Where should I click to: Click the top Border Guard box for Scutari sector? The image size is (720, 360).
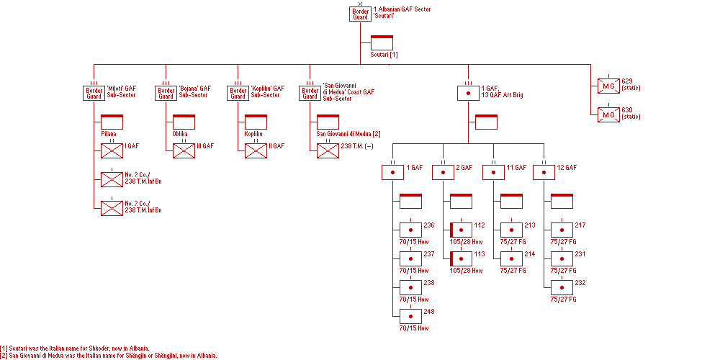(x=360, y=14)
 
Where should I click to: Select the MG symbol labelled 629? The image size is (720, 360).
(x=608, y=86)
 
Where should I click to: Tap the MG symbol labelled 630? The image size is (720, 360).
(x=608, y=114)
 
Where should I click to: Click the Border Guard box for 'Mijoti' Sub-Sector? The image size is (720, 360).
(x=94, y=93)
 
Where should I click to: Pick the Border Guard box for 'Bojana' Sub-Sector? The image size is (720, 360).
(x=166, y=93)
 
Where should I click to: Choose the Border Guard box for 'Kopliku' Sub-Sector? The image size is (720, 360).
(x=238, y=93)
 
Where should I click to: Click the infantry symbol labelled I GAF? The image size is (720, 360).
(x=112, y=150)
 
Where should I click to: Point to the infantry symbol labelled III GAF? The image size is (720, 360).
(x=184, y=150)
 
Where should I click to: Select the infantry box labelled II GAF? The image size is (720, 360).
(x=256, y=150)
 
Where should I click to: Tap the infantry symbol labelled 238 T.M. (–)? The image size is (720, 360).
(x=328, y=150)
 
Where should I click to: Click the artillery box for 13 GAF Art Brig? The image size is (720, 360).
(x=469, y=93)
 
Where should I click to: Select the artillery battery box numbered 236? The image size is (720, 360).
(x=411, y=230)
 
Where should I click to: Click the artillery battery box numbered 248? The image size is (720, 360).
(x=411, y=316)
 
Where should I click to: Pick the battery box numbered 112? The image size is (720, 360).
(x=461, y=230)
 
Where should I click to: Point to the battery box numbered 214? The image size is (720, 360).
(x=511, y=258)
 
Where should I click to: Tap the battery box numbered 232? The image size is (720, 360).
(x=562, y=287)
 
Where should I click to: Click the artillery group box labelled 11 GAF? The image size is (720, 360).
(x=494, y=172)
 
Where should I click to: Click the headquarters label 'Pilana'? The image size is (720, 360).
(x=109, y=134)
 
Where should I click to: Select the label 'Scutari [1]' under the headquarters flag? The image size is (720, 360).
(x=384, y=55)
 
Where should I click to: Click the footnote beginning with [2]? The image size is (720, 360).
(x=109, y=356)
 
